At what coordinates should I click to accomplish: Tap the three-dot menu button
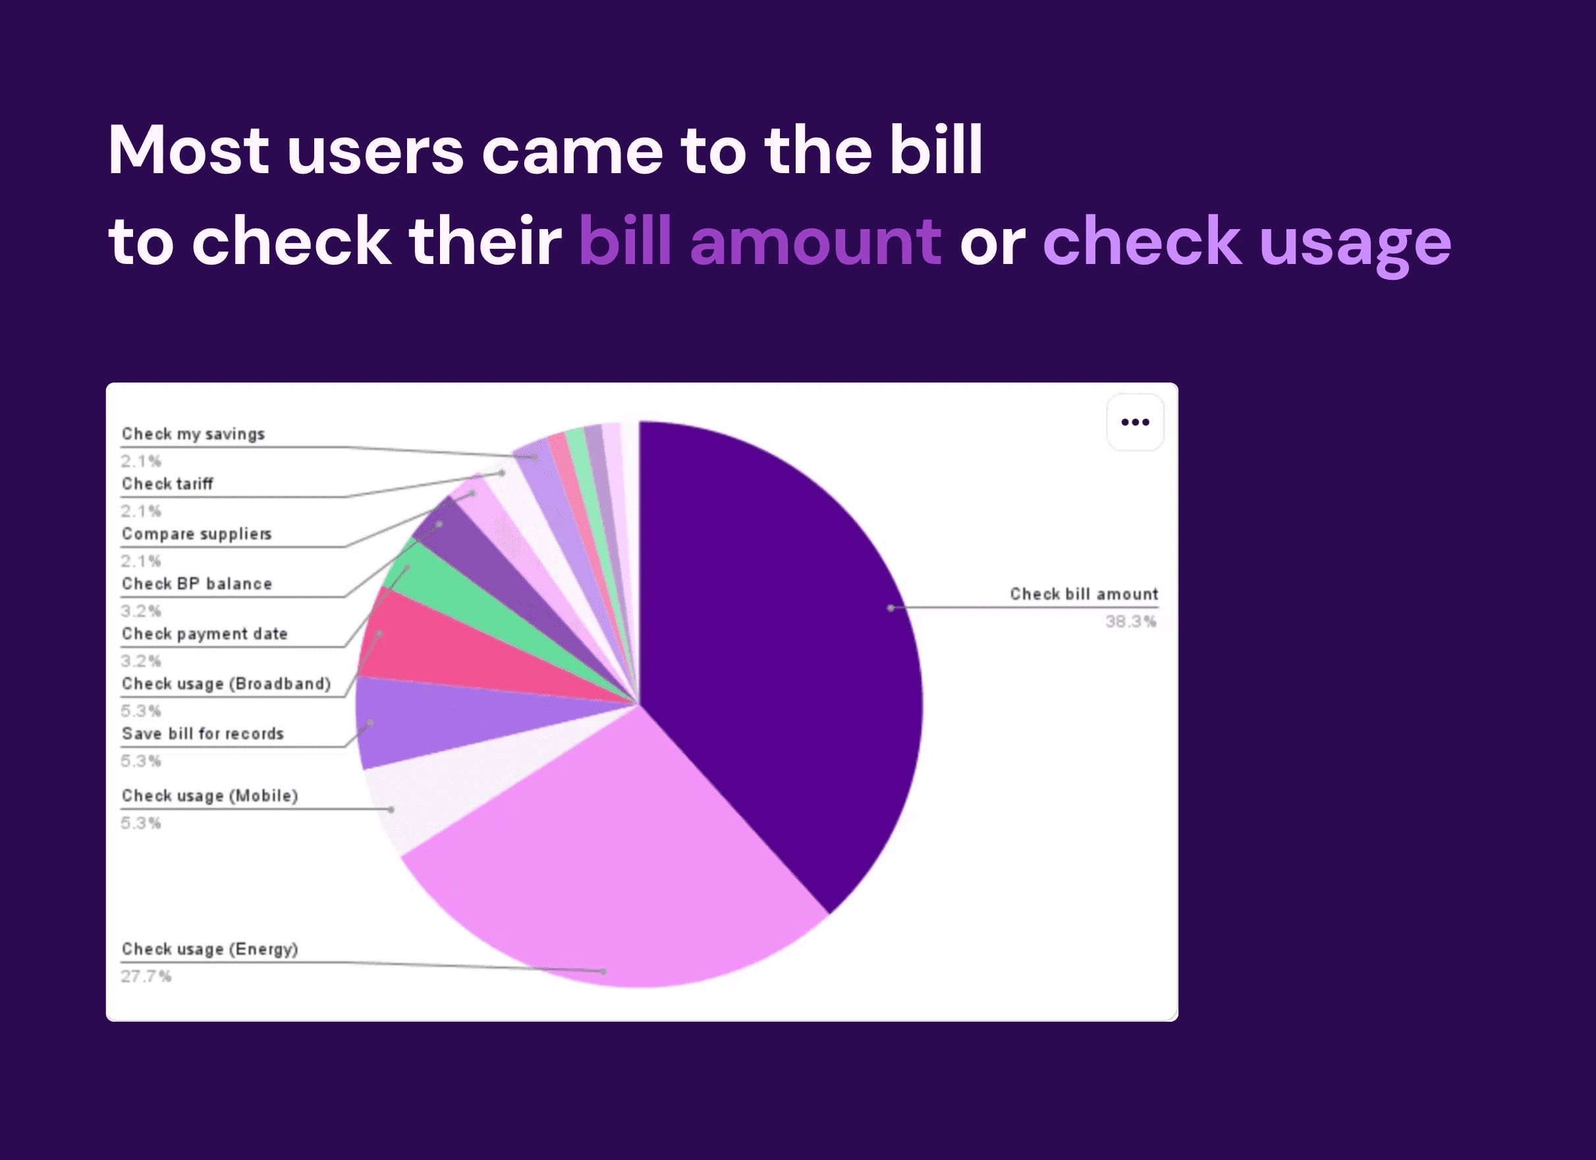click(x=1135, y=422)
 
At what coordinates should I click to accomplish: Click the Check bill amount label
click(x=1084, y=594)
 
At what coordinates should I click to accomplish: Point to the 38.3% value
click(x=1130, y=621)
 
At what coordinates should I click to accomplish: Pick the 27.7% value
click(x=146, y=976)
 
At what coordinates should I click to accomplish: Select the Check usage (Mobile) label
click(x=209, y=796)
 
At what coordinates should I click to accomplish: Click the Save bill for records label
click(x=203, y=733)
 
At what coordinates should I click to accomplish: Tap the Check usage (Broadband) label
click(x=226, y=684)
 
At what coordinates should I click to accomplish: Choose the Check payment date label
click(x=205, y=634)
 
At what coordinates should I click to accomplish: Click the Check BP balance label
click(x=196, y=584)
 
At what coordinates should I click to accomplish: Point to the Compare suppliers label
click(x=196, y=534)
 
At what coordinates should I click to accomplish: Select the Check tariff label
click(x=167, y=483)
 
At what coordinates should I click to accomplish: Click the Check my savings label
click(x=193, y=434)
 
